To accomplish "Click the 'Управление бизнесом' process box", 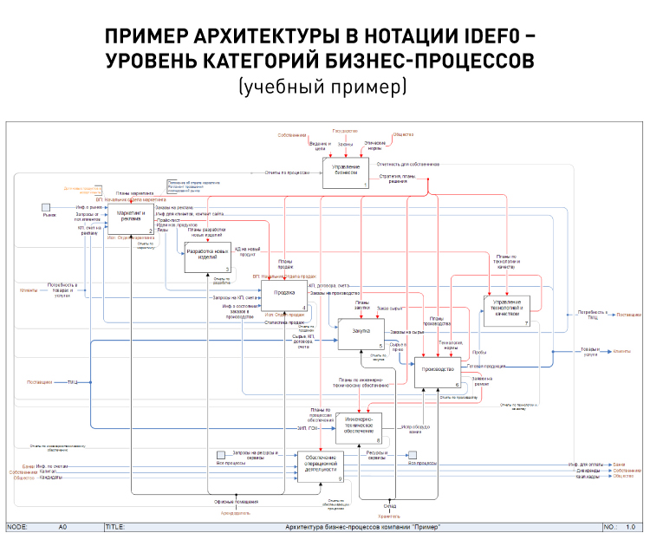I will [x=346, y=172].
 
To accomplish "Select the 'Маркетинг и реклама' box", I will [x=130, y=219].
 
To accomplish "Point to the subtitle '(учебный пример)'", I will [x=324, y=88].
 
